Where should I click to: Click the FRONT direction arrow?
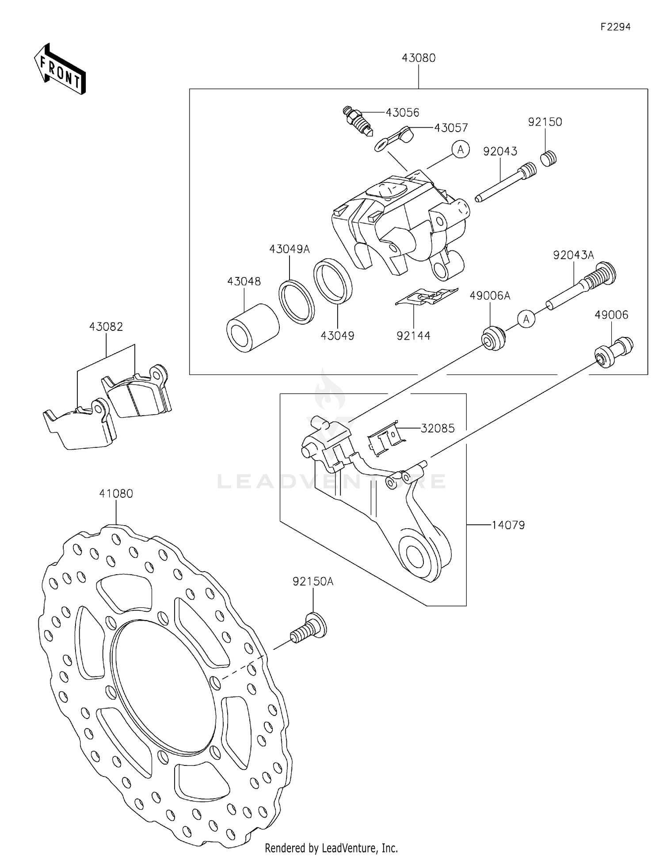60,69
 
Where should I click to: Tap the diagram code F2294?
615,27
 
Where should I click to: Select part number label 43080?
418,58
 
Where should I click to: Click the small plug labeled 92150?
549,158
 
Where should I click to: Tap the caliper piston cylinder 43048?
252,328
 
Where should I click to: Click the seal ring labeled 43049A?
297,301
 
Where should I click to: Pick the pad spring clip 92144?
427,296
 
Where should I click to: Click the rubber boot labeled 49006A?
493,338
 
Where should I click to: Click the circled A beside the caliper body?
461,150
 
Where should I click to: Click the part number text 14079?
508,525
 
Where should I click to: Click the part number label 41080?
116,493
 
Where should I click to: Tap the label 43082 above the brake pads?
106,326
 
